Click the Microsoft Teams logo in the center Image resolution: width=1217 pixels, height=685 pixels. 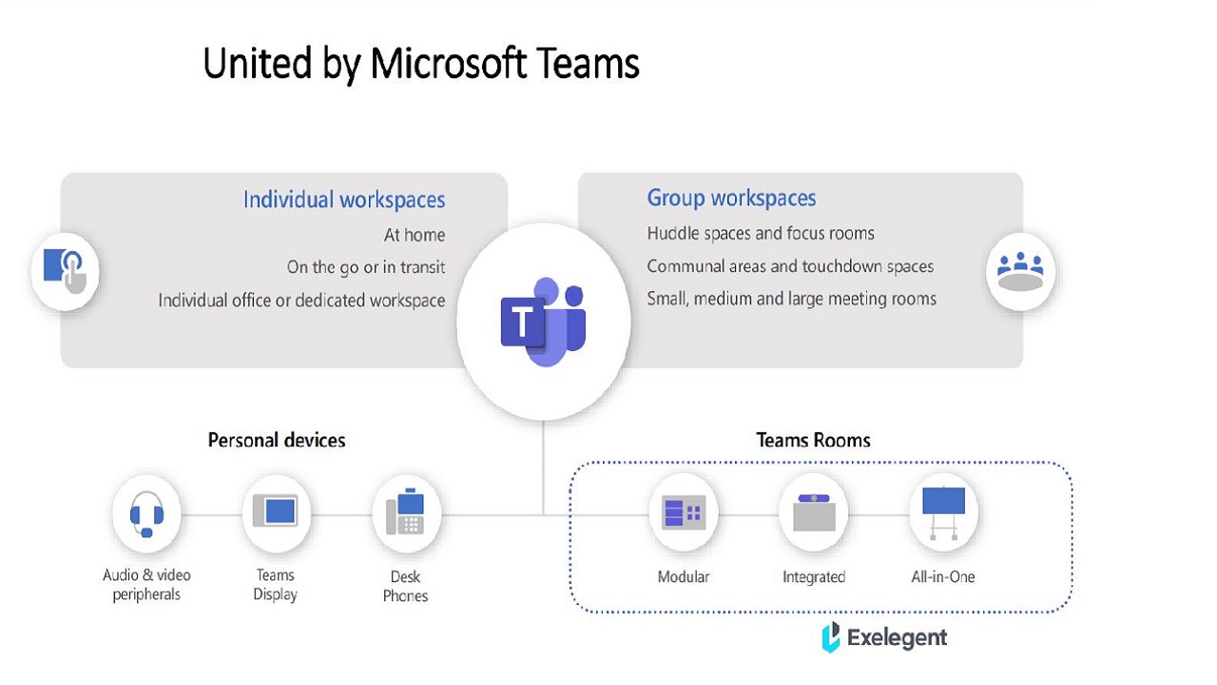point(543,322)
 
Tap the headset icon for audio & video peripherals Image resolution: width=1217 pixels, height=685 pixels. point(146,515)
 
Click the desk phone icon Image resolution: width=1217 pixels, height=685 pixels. point(406,514)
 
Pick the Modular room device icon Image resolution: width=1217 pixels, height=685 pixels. point(684,514)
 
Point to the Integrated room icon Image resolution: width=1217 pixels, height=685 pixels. point(814,514)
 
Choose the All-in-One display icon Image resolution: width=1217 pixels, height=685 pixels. point(943,512)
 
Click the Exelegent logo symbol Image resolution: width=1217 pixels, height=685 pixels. point(831,636)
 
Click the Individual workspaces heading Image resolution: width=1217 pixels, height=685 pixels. point(344,200)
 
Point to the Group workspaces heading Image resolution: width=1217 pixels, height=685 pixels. point(731,198)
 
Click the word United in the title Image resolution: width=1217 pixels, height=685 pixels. point(244,64)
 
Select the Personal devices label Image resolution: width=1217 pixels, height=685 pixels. point(277,440)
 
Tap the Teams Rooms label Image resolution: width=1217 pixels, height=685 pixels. point(813,440)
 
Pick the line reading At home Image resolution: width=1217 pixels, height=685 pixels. point(415,235)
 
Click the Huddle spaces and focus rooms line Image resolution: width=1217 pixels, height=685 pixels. point(761,233)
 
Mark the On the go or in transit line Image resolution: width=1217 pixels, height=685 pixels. point(366,267)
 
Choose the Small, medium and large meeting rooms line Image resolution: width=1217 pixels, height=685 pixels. point(791,299)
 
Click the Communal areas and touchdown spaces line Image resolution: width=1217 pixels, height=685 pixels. point(790,266)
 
